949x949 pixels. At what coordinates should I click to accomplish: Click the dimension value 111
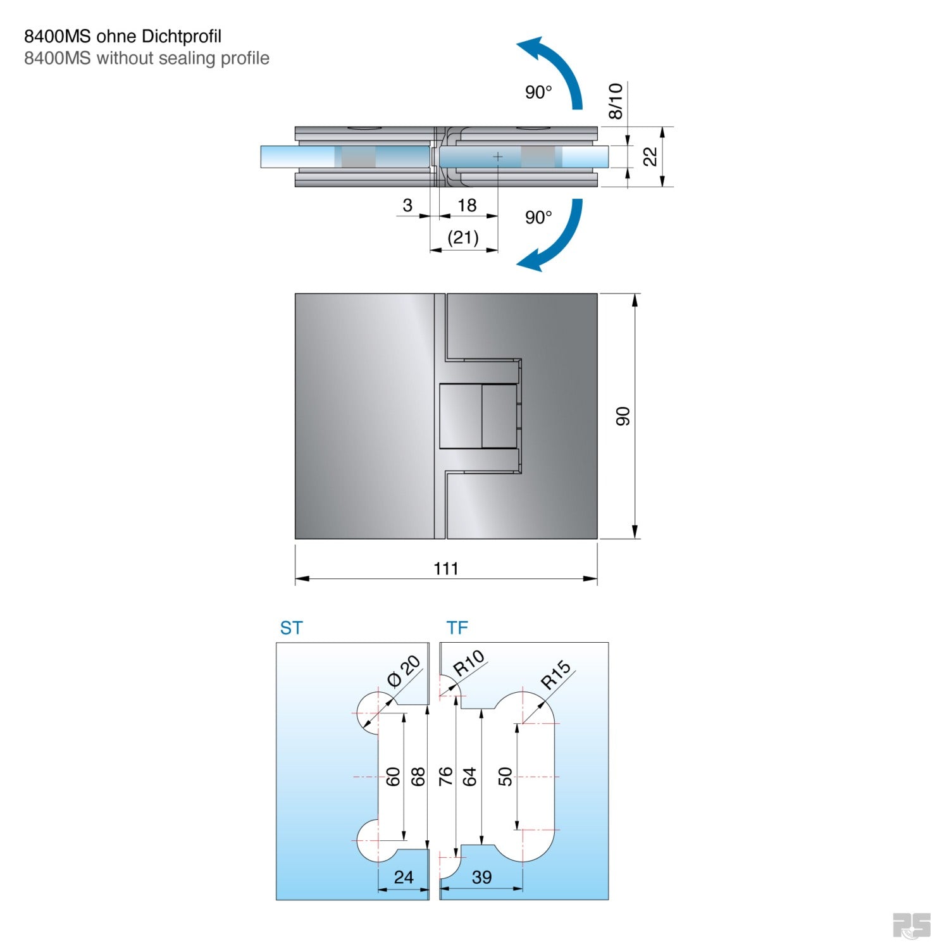(446, 568)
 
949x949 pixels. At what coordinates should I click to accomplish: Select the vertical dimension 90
(623, 416)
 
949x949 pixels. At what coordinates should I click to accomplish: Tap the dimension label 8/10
(616, 101)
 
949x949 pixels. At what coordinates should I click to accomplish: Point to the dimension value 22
(650, 156)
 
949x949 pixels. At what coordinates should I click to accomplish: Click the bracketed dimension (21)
(463, 238)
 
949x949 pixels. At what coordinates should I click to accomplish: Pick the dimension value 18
(467, 205)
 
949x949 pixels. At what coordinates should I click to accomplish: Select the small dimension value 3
(407, 205)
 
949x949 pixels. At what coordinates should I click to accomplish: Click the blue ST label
(292, 628)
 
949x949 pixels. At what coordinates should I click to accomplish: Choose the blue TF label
(457, 628)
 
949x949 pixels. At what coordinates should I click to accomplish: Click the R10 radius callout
(469, 663)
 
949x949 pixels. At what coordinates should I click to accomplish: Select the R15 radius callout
(556, 674)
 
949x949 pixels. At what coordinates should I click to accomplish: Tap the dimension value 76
(446, 776)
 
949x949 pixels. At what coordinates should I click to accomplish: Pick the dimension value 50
(505, 776)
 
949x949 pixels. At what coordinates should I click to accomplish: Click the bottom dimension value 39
(481, 877)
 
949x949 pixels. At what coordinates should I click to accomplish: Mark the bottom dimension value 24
(404, 877)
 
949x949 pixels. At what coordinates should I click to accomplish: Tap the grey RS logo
(912, 925)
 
